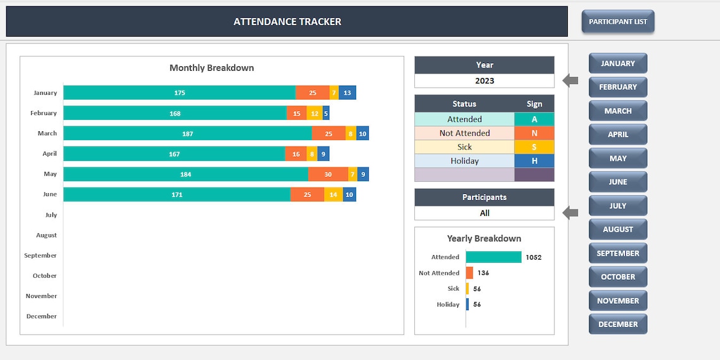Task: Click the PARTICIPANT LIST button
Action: [618, 21]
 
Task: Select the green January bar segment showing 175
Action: [179, 93]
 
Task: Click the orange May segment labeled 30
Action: [328, 174]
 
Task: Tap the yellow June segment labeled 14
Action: [333, 195]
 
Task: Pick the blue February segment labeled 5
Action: [326, 114]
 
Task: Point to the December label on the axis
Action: [42, 316]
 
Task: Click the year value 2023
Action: [484, 81]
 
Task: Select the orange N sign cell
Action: [534, 133]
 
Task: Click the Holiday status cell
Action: [464, 161]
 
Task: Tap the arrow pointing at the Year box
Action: [570, 80]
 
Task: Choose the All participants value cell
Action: [484, 213]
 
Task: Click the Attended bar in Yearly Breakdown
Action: [494, 257]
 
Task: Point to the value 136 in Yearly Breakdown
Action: [483, 273]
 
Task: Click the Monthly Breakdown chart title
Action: [212, 68]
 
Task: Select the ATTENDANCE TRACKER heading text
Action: [287, 21]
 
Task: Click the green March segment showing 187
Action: [188, 133]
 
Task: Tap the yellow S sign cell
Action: [534, 147]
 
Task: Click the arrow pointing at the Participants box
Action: [570, 213]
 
